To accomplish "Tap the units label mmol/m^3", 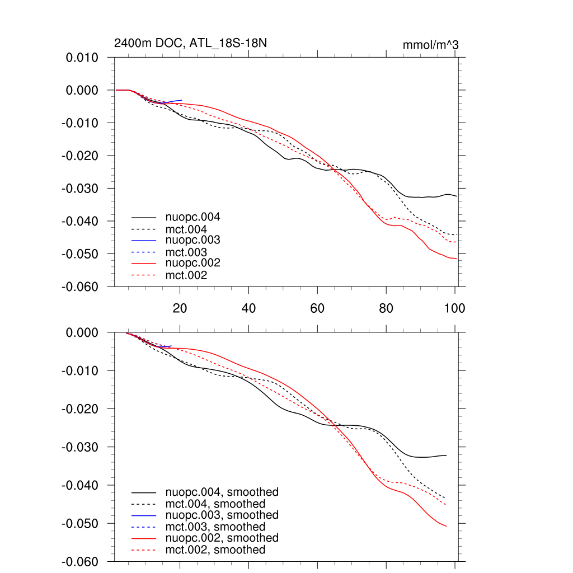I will tap(430, 45).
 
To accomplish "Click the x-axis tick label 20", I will tap(180, 308).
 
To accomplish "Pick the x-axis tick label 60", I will tap(317, 308).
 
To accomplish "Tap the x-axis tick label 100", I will tap(454, 308).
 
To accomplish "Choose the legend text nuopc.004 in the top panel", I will tap(192, 217).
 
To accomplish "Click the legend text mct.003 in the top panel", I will tap(186, 252).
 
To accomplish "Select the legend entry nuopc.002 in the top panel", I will tap(192, 263).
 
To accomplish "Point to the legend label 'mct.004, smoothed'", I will tap(215, 504).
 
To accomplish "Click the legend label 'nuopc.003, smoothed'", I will tap(222, 515).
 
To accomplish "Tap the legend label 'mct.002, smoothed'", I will tap(215, 550).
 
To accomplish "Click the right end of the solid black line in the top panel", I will tap(457, 196).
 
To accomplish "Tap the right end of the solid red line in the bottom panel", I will tap(446, 526).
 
